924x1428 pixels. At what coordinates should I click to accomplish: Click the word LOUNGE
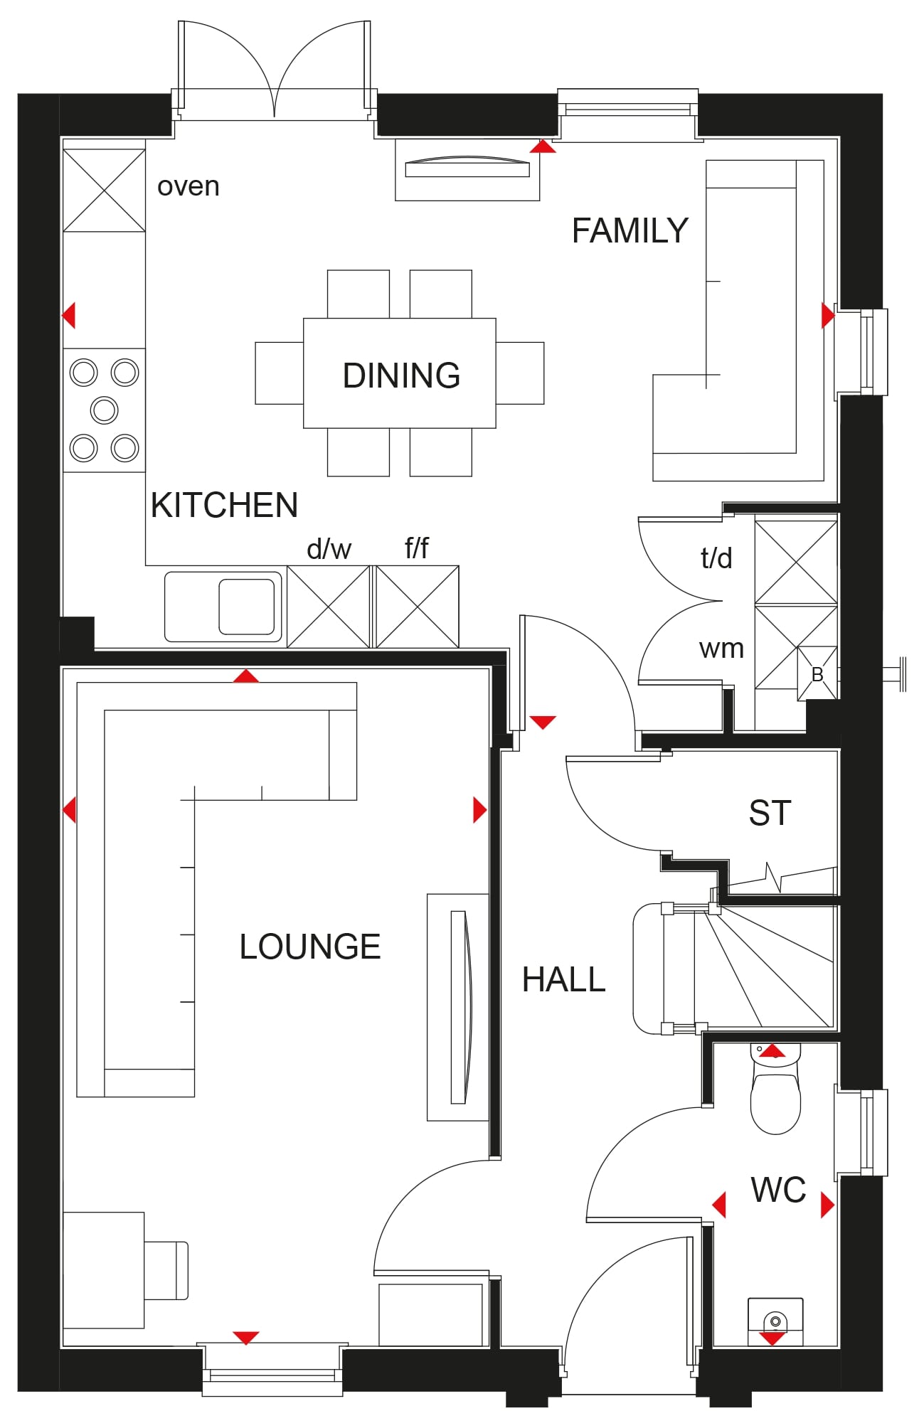pyautogui.click(x=310, y=947)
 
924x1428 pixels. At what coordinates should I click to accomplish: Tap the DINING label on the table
pyautogui.click(x=401, y=375)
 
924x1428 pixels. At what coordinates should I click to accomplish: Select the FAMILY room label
pyautogui.click(x=630, y=230)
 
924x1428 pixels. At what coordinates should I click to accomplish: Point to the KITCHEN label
pyautogui.click(x=224, y=505)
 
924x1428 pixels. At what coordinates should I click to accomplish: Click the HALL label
pyautogui.click(x=563, y=979)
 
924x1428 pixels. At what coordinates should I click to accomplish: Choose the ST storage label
pyautogui.click(x=770, y=813)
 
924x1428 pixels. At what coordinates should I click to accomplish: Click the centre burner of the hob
pyautogui.click(x=104, y=410)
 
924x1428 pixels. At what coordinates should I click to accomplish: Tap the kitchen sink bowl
pyautogui.click(x=246, y=607)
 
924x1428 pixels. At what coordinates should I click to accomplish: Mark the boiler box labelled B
pyautogui.click(x=817, y=673)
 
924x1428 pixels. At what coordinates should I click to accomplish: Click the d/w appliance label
pyautogui.click(x=329, y=549)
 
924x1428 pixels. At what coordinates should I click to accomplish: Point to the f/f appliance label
pyautogui.click(x=417, y=548)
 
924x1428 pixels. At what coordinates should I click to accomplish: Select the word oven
pyautogui.click(x=188, y=186)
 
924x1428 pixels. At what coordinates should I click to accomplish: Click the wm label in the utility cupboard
pyautogui.click(x=721, y=649)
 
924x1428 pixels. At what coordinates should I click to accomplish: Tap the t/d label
pyautogui.click(x=716, y=558)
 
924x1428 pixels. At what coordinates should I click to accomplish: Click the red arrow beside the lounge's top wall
pyautogui.click(x=246, y=676)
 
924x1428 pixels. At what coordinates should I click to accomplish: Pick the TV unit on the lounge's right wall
pyautogui.click(x=458, y=1007)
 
